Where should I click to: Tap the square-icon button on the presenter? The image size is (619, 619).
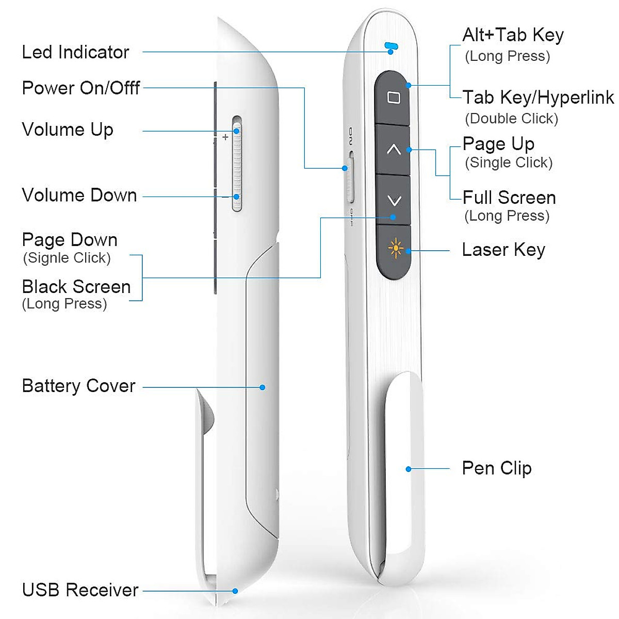coord(393,97)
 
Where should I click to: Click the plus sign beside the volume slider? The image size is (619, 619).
coord(225,137)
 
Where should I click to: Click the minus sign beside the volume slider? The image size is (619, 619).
coord(225,197)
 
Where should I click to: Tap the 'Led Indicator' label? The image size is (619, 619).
coord(75,52)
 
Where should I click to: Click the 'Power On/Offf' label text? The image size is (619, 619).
coord(81,88)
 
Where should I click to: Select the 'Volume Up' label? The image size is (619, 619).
coord(68,129)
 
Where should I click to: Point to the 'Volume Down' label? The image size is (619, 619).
coord(79,195)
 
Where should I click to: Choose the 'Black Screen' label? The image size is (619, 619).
coord(76,287)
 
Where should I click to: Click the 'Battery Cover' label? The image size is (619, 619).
coord(78,386)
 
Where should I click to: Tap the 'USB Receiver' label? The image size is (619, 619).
coord(80,590)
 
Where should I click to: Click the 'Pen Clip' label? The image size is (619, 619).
coord(497,468)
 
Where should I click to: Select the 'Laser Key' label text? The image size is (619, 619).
coord(503,250)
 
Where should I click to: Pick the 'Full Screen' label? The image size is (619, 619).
coord(509,198)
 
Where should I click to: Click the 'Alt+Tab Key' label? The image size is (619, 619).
coord(513,35)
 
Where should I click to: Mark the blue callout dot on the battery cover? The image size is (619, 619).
coord(263,387)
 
